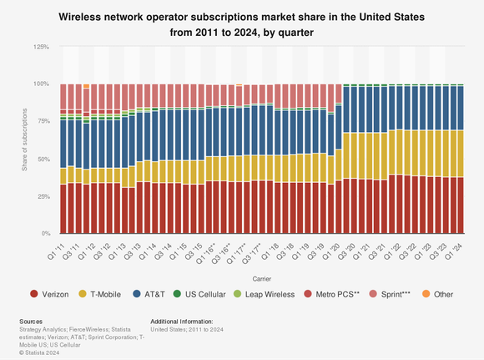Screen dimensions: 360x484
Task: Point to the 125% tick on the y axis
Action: click(x=39, y=47)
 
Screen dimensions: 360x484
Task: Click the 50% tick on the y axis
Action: click(x=42, y=159)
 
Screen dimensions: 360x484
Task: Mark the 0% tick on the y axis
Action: click(x=43, y=234)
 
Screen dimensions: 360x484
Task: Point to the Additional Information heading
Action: click(x=181, y=321)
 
